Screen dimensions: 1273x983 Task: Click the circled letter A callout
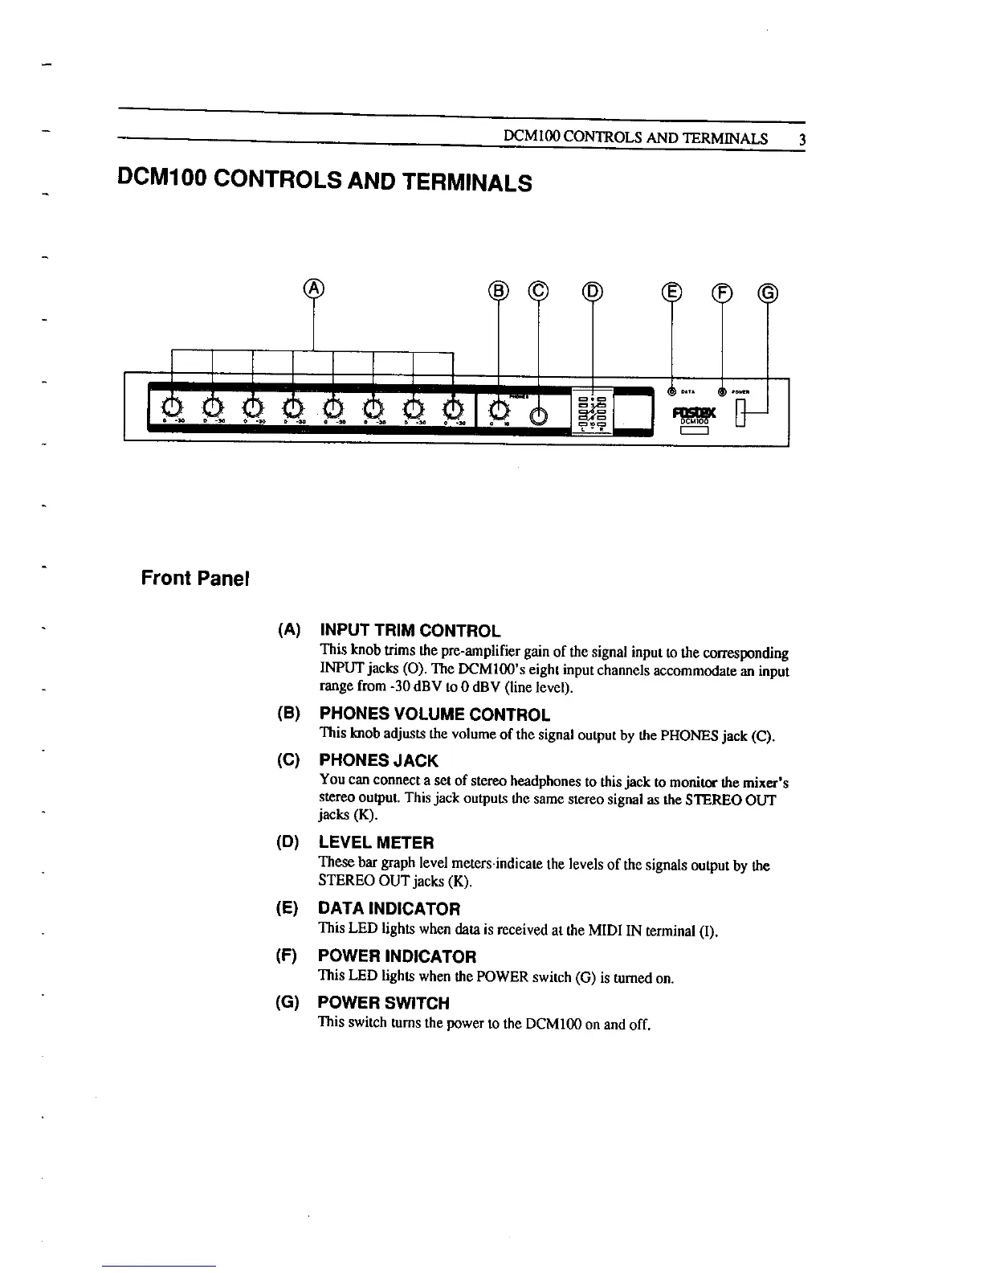point(314,289)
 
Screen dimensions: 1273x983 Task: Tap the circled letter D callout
point(592,291)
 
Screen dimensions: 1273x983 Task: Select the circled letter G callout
point(768,292)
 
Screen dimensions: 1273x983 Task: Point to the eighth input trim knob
point(454,407)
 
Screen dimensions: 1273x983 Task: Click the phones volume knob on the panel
point(499,408)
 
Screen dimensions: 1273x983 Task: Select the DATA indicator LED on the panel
point(672,392)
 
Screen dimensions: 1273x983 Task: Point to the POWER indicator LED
point(722,392)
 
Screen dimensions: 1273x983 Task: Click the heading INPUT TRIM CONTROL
point(410,631)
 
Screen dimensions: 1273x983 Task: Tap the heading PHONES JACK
point(378,760)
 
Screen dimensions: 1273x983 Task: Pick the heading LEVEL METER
point(376,842)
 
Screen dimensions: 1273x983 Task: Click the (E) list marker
point(286,909)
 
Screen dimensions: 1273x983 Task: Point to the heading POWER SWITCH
point(383,1003)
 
